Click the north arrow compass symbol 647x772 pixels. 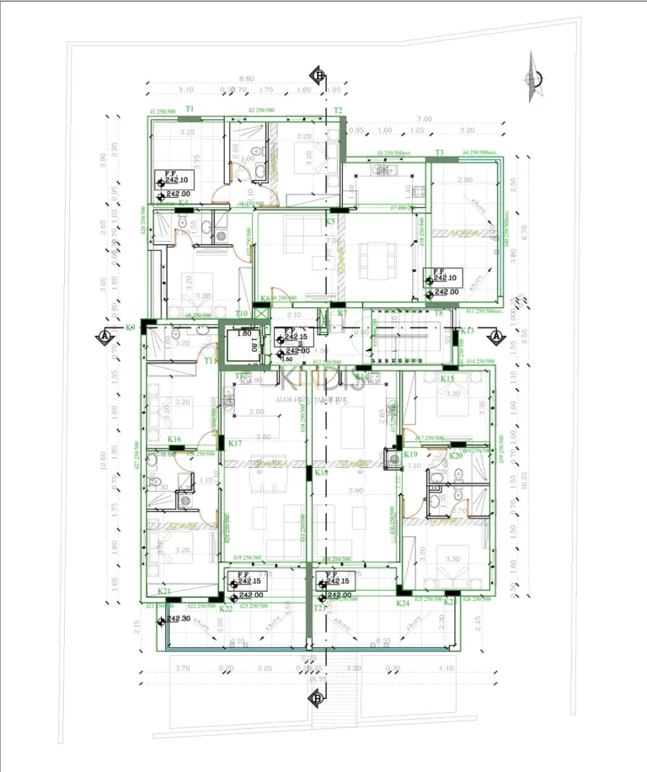point(532,77)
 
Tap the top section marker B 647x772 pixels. point(318,75)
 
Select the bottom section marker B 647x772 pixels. point(318,697)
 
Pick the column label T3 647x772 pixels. point(439,152)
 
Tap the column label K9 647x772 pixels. point(131,327)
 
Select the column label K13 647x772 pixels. point(468,331)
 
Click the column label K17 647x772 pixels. point(235,443)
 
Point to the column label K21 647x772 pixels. point(164,592)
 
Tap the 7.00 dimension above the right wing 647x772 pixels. point(423,120)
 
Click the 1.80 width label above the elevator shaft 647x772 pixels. point(244,333)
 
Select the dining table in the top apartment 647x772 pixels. point(374,261)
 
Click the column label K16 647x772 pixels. point(174,439)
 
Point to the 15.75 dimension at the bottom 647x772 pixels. point(317,679)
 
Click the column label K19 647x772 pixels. point(410,455)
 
